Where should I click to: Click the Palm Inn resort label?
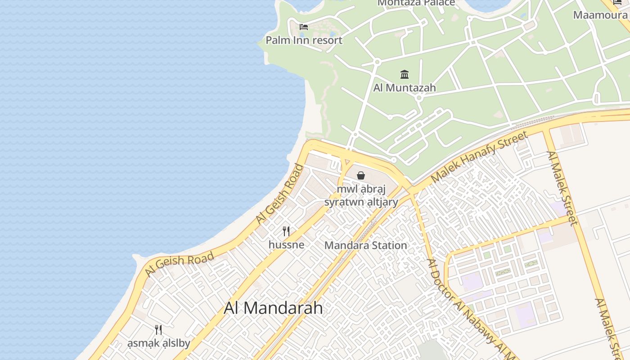click(304, 40)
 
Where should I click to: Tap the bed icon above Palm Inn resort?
click(304, 27)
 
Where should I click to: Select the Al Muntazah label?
click(405, 87)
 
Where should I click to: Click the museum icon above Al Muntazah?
click(405, 74)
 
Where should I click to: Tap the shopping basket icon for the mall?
click(361, 175)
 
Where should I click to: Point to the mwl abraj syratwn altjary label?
click(361, 195)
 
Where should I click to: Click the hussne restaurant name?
click(286, 245)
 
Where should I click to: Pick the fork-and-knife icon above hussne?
click(286, 231)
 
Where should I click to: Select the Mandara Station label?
click(365, 245)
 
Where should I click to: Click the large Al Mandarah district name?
click(273, 308)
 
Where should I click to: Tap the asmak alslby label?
click(158, 343)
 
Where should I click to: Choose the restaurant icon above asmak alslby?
click(158, 330)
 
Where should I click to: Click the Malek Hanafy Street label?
click(479, 157)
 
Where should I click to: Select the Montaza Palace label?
click(416, 3)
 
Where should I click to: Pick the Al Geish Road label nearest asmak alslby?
click(179, 265)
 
